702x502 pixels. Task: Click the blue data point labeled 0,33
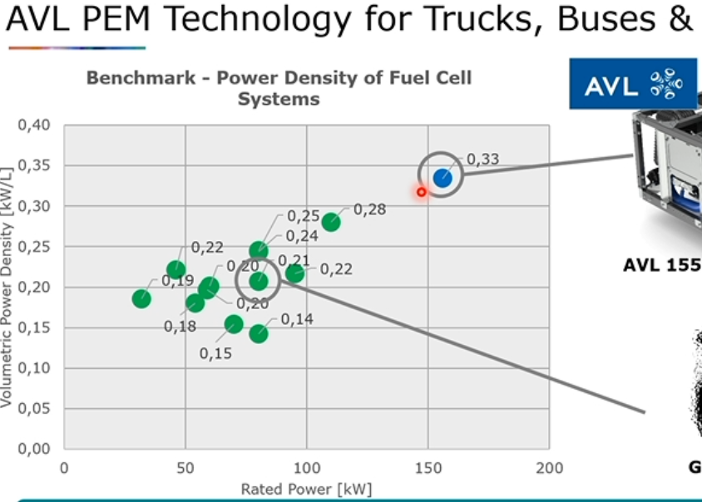click(442, 177)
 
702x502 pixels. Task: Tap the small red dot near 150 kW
click(422, 192)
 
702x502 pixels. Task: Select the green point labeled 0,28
click(331, 222)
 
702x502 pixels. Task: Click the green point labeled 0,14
click(259, 333)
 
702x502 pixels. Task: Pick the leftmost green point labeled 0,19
click(141, 298)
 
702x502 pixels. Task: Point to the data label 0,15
click(215, 353)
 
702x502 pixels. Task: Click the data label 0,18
click(180, 326)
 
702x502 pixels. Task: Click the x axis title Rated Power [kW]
click(306, 489)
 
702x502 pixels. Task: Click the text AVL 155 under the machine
click(662, 265)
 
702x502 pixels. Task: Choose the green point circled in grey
click(259, 281)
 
